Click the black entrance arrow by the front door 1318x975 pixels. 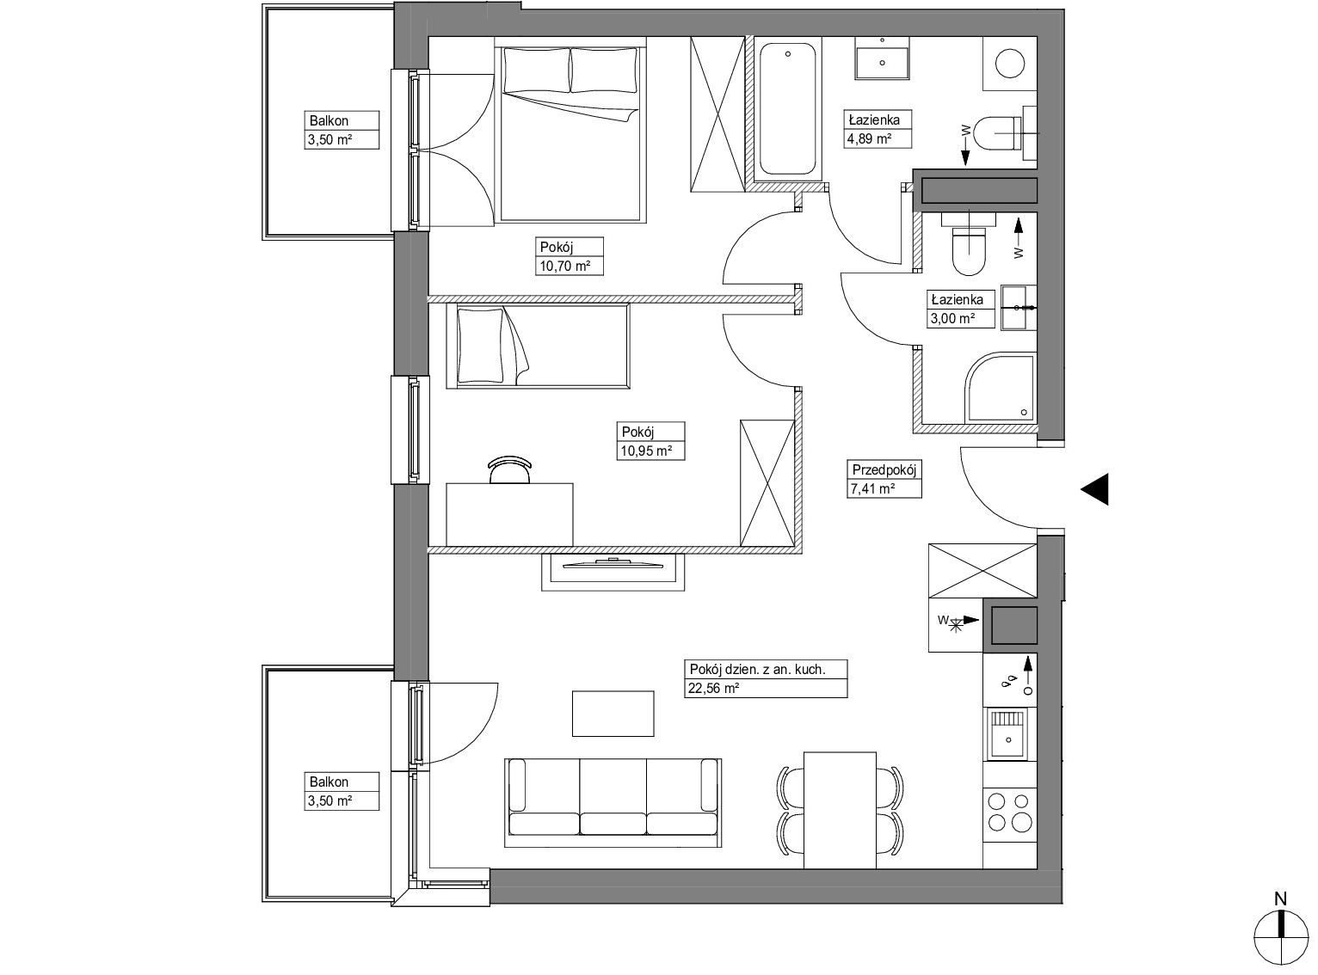pos(1095,489)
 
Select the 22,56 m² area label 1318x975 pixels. pos(714,688)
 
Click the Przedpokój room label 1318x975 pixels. pos(884,470)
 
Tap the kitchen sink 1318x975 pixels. pos(1007,734)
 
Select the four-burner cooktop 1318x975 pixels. pos(1009,812)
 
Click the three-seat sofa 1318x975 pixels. pos(613,803)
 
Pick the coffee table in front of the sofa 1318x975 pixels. pos(613,714)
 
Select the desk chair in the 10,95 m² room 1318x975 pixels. pos(509,470)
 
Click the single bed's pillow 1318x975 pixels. pos(481,346)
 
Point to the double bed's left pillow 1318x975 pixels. pos(537,71)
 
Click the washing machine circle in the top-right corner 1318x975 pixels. pos(1010,63)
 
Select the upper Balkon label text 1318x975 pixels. pos(329,120)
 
